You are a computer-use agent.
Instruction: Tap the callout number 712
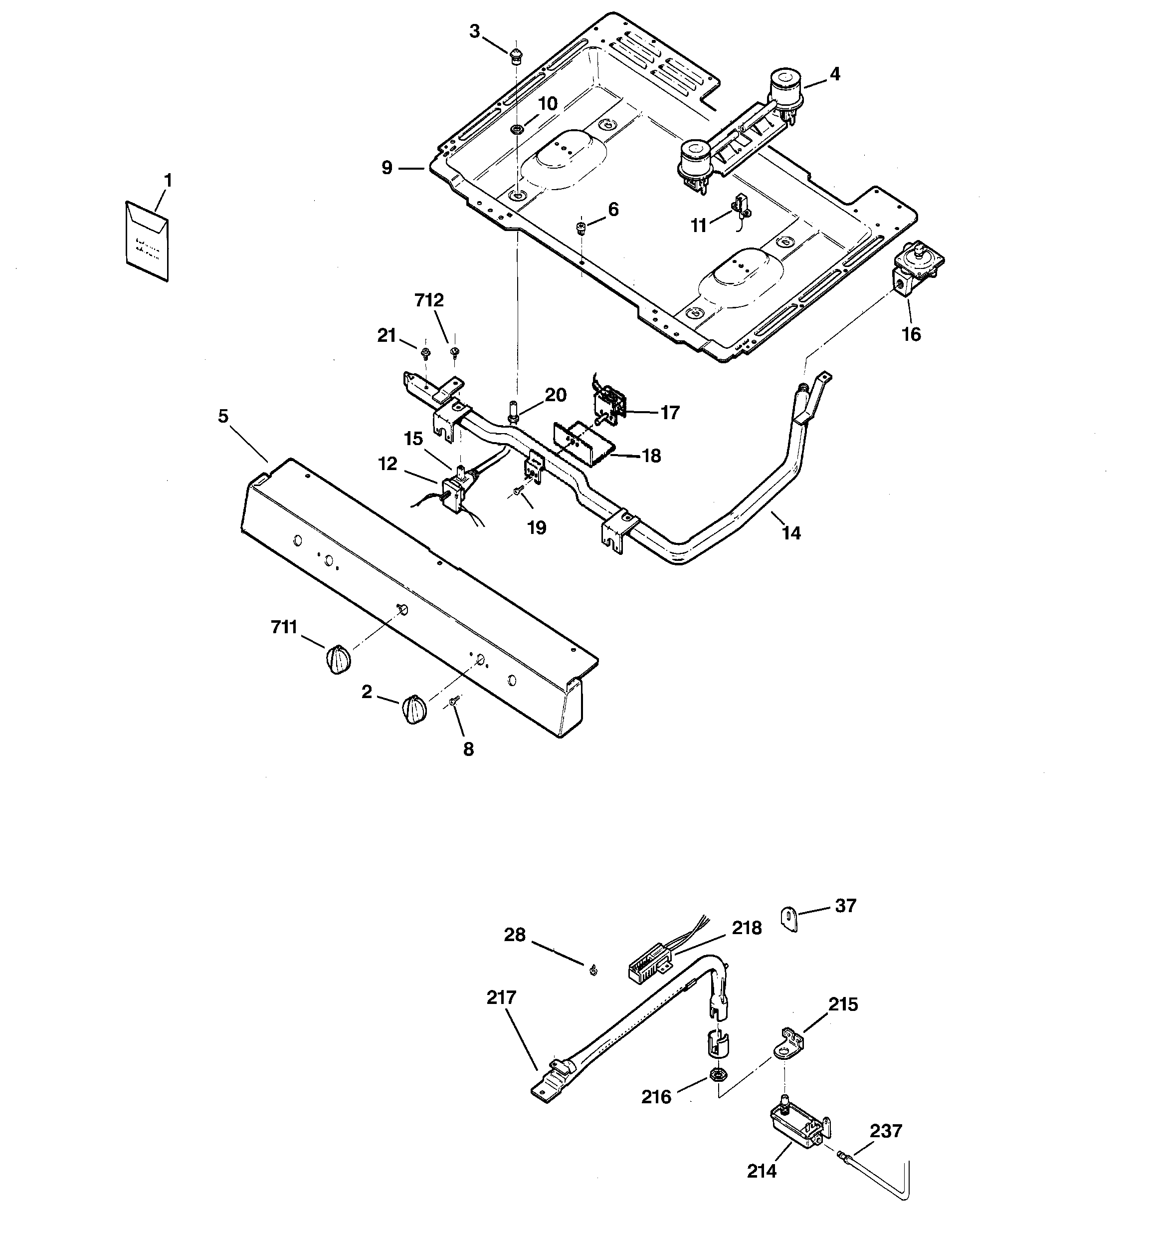[429, 301]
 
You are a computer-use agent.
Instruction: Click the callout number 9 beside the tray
[387, 168]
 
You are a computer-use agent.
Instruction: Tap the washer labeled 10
[516, 129]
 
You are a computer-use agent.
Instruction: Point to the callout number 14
[791, 532]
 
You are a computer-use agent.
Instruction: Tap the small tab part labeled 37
[788, 918]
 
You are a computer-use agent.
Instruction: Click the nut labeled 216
[716, 1074]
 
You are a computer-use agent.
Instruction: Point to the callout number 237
[886, 1131]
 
